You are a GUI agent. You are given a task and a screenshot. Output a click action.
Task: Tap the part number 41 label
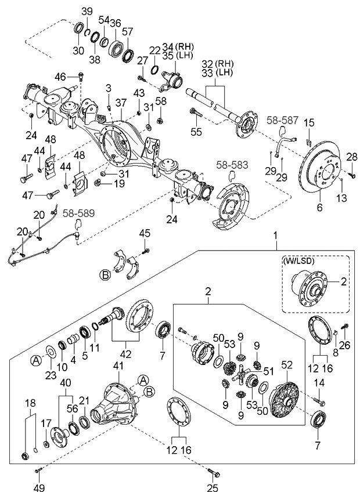pyautogui.click(x=120, y=367)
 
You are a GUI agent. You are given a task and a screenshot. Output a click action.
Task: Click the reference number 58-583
pyautogui.click(x=230, y=166)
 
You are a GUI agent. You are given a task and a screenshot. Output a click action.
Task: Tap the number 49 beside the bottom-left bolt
pyautogui.click(x=39, y=487)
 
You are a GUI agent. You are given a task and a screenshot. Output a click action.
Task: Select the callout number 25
pyautogui.click(x=212, y=487)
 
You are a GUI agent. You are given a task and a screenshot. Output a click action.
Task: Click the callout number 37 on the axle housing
pyautogui.click(x=121, y=102)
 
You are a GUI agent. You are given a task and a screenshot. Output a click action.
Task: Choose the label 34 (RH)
pyautogui.click(x=176, y=46)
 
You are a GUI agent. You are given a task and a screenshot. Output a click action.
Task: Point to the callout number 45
pyautogui.click(x=145, y=233)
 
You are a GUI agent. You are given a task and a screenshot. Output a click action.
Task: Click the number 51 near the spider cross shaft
pyautogui.click(x=268, y=371)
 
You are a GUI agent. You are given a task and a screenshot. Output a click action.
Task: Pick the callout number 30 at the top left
pyautogui.click(x=78, y=50)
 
